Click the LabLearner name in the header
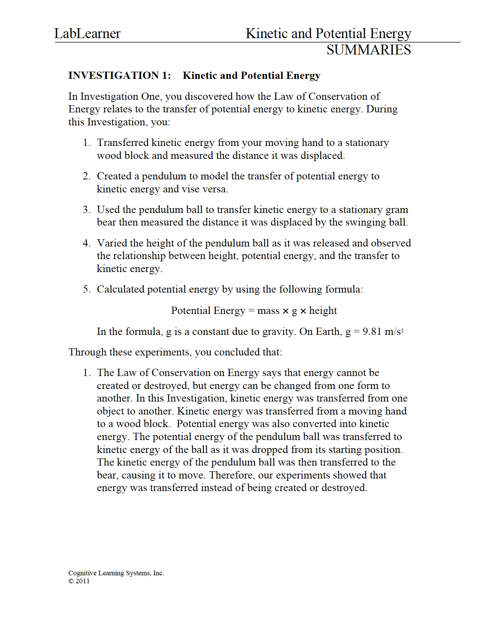click(x=87, y=34)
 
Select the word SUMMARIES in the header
click(x=368, y=50)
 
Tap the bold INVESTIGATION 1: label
click(x=120, y=75)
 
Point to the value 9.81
click(x=372, y=331)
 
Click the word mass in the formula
click(x=268, y=310)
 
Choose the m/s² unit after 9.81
click(x=394, y=331)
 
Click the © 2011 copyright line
click(x=79, y=581)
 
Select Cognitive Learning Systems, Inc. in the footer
click(x=116, y=573)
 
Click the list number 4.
click(x=86, y=243)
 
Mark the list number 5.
click(x=86, y=289)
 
